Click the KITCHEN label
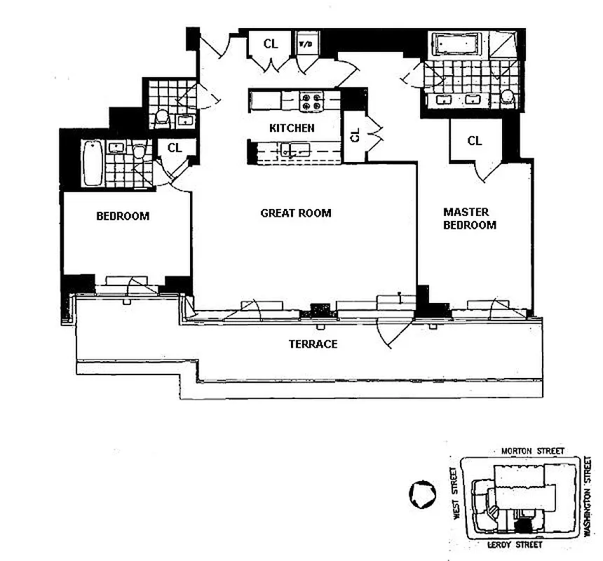292,128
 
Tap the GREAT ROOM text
295,213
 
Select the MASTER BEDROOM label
469,218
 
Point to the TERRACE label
313,344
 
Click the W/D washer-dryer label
306,43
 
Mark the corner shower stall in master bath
505,46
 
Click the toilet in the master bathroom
508,98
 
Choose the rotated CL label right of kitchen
355,135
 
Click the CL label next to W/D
271,43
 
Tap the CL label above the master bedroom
475,141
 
